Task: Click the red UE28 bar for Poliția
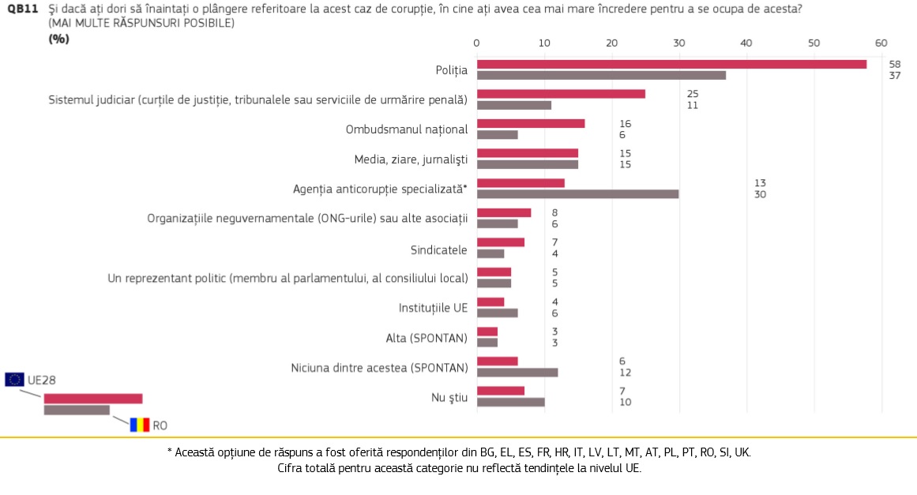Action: coord(671,64)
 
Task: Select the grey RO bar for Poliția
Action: coord(601,75)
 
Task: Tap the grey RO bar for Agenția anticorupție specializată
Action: coord(577,193)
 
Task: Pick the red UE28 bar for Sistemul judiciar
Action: coord(561,94)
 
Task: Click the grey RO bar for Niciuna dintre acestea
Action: coord(517,372)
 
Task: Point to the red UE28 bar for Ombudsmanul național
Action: coord(531,123)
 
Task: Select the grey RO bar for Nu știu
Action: coord(511,402)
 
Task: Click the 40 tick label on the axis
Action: coord(746,43)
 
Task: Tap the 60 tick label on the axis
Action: coord(881,43)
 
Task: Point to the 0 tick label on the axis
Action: coord(476,43)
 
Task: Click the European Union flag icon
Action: coord(14,380)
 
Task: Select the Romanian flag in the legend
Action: coord(140,425)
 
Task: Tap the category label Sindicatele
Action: coord(438,250)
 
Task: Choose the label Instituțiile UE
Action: coord(433,308)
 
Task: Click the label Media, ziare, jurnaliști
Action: coord(411,159)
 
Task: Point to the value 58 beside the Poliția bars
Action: coord(895,64)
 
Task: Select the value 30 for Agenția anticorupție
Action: coord(761,194)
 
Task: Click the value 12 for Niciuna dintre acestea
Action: coord(626,372)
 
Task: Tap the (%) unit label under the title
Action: coord(58,39)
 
